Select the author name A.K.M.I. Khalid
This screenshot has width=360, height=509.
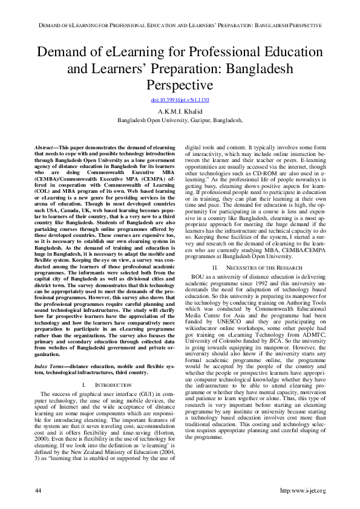click(180, 111)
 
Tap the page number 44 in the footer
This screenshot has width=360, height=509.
click(38, 488)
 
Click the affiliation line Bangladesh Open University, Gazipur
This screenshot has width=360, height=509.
click(180, 120)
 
